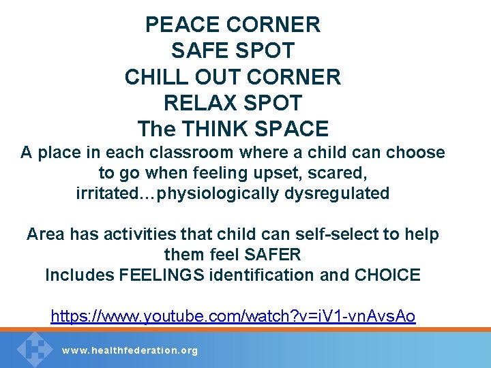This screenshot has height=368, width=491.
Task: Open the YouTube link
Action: (x=233, y=316)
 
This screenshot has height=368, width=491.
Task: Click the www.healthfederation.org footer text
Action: (x=130, y=350)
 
